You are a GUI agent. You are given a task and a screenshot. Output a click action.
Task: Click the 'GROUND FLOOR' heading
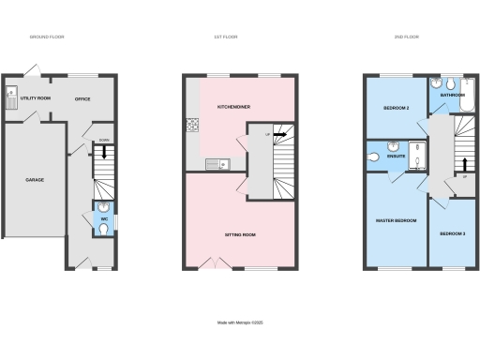click(x=46, y=37)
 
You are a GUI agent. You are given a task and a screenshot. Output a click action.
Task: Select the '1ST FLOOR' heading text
click(x=226, y=37)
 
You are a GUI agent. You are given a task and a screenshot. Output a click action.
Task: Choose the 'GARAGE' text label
click(x=35, y=179)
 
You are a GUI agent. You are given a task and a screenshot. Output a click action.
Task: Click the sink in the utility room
click(x=11, y=93)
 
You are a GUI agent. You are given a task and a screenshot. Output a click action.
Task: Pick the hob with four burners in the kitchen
click(x=192, y=125)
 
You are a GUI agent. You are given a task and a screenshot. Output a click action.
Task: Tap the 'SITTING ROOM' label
click(x=239, y=233)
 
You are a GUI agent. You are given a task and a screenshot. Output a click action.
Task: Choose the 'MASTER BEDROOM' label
click(x=397, y=220)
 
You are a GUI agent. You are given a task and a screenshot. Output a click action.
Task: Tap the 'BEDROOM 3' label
click(x=452, y=233)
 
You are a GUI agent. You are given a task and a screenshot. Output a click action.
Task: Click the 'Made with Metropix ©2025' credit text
click(x=239, y=322)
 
